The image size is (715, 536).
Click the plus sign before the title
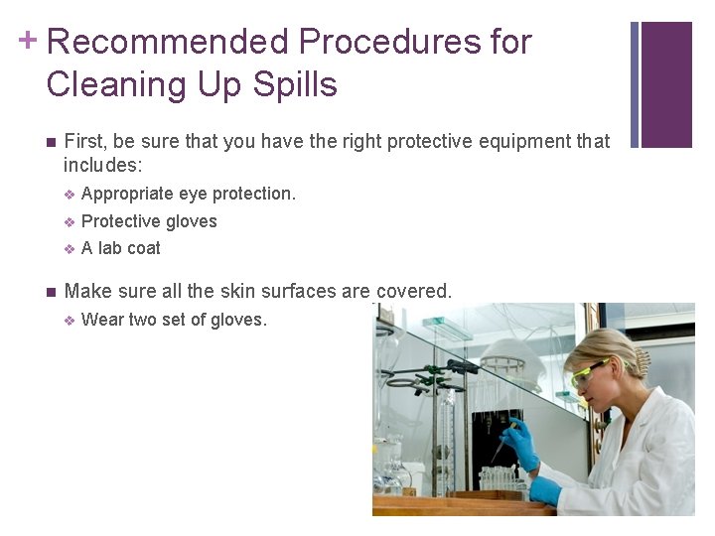(30, 41)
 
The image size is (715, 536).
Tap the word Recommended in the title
(167, 42)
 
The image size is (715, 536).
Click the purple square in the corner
(666, 84)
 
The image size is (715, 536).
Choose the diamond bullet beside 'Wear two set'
(70, 320)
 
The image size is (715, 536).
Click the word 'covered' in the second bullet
(411, 292)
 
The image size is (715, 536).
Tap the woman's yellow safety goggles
(588, 372)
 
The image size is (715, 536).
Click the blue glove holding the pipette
(519, 443)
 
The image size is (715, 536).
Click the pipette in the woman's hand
(497, 452)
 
